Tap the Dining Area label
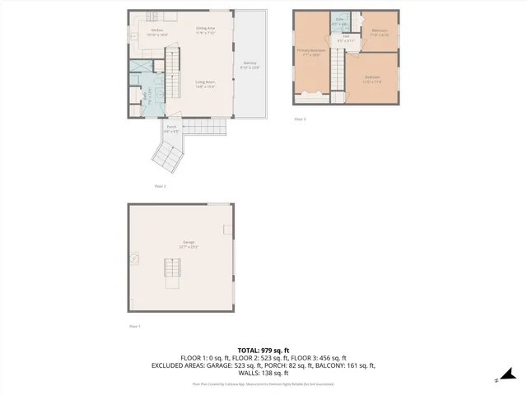click(206, 30)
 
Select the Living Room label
click(205, 84)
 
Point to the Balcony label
click(250, 65)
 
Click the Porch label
click(170, 129)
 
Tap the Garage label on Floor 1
click(189, 244)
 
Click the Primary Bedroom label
click(311, 53)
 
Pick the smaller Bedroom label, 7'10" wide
click(380, 33)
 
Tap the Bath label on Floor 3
click(339, 21)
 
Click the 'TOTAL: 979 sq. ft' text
click(263, 350)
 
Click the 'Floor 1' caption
click(135, 327)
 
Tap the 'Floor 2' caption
click(161, 186)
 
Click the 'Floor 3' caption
click(300, 119)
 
